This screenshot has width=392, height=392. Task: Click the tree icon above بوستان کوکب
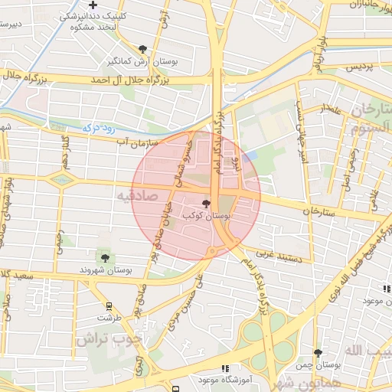[205, 204]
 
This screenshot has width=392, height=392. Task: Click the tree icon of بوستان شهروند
[103, 257]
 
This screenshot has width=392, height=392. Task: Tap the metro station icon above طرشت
[106, 304]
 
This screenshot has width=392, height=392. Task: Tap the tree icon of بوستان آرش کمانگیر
[142, 48]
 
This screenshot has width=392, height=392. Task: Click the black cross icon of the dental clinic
[93, 6]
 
